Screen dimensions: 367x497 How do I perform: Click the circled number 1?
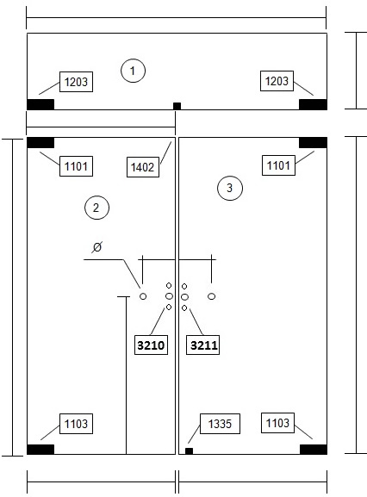pyautogui.click(x=134, y=71)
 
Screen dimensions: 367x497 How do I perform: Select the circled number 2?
pyautogui.click(x=96, y=208)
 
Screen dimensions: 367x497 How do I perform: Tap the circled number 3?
pyautogui.click(x=230, y=188)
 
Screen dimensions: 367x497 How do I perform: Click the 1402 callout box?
pyautogui.click(x=143, y=167)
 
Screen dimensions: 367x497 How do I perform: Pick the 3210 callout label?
pyautogui.click(x=151, y=345)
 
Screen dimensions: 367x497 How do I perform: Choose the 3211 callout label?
pyautogui.click(x=202, y=345)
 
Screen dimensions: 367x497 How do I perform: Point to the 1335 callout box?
pyautogui.click(x=220, y=424)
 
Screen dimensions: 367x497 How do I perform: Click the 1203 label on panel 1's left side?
pyautogui.click(x=76, y=82)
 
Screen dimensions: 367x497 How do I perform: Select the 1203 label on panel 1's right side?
pyautogui.click(x=277, y=81)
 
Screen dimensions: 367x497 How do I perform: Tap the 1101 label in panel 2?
pyautogui.click(x=76, y=166)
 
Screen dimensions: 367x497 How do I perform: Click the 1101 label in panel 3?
pyautogui.click(x=278, y=165)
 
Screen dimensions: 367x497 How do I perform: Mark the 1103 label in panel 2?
pyautogui.click(x=76, y=424)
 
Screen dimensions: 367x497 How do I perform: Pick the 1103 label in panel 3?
pyautogui.click(x=277, y=423)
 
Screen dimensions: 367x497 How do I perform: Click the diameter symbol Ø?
pyautogui.click(x=97, y=246)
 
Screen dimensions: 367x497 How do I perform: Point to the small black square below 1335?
pyautogui.click(x=189, y=450)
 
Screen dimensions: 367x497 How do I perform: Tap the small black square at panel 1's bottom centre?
pyautogui.click(x=177, y=106)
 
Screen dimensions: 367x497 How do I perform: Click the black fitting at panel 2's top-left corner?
pyautogui.click(x=40, y=143)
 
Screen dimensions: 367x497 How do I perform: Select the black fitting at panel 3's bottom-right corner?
pyautogui.click(x=314, y=449)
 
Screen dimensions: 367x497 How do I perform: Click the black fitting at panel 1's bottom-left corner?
pyautogui.click(x=40, y=104)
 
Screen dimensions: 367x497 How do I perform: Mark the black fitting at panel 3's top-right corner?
pyautogui.click(x=313, y=143)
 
